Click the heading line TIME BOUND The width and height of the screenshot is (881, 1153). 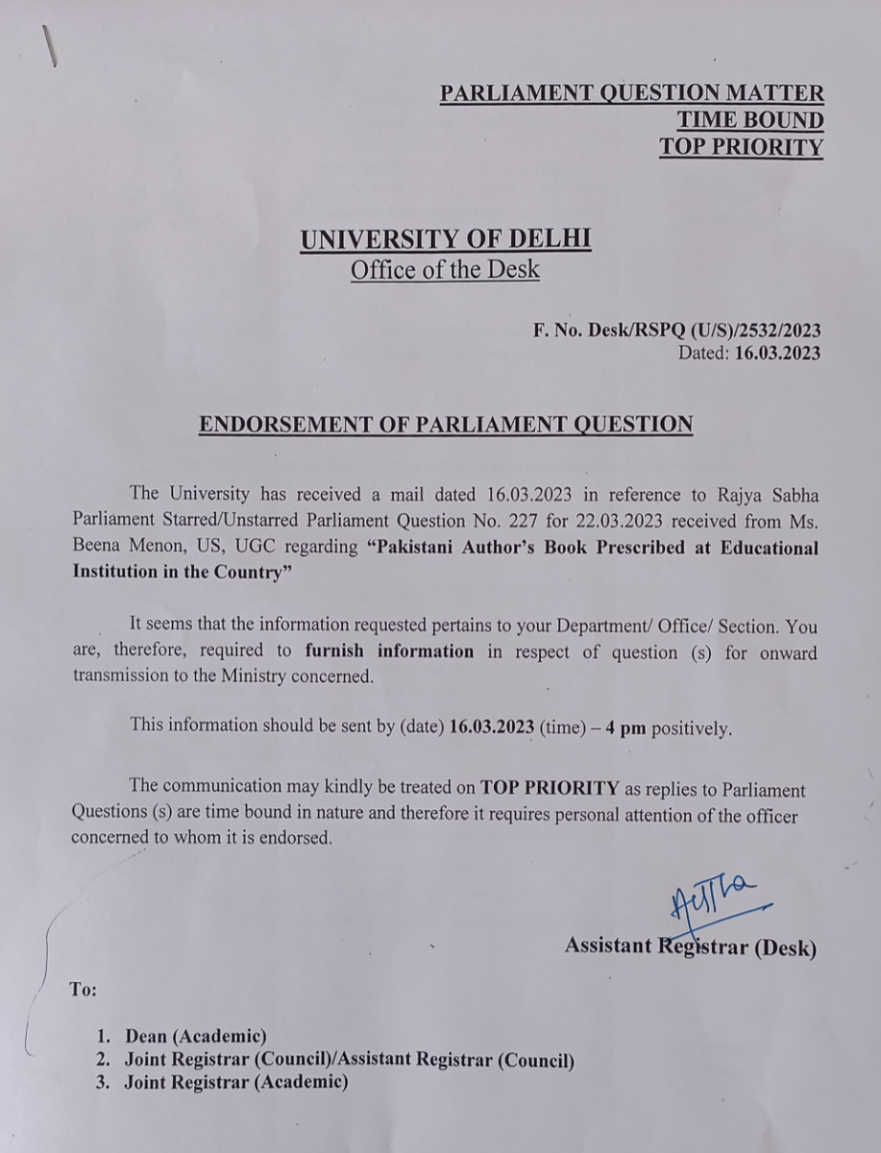(749, 120)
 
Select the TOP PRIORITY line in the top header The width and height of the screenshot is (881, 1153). (741, 147)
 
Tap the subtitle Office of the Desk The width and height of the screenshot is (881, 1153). (445, 270)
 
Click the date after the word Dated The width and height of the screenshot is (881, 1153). (777, 353)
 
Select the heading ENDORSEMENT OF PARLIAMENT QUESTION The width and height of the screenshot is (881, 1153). (445, 425)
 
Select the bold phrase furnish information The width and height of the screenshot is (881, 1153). (389, 651)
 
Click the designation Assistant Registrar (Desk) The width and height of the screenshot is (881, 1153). (690, 946)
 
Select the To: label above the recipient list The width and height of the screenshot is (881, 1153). (84, 989)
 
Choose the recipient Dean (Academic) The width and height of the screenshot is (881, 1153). (195, 1037)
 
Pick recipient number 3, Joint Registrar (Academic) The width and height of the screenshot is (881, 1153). (234, 1083)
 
